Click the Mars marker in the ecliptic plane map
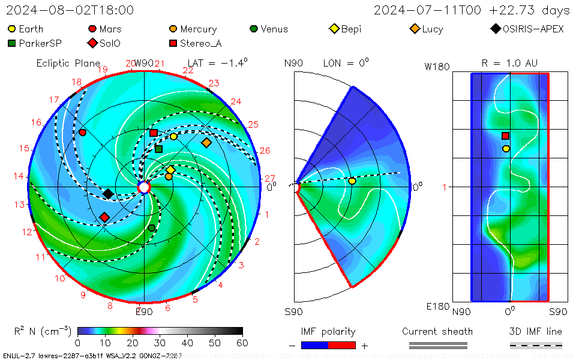pos(82,132)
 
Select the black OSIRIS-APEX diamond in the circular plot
pos(108,193)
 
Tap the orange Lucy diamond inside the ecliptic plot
pos(206,143)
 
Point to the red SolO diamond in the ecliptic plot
pos(104,217)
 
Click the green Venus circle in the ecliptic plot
pos(152,228)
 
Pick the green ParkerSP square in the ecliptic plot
pos(158,149)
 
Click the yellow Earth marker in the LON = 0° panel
pos(352,181)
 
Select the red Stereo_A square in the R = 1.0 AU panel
pos(506,136)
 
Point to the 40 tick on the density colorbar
pos(188,343)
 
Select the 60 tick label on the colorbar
pos(243,343)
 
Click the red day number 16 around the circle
pos(37,122)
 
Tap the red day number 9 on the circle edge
pos(83,295)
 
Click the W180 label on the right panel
pos(437,67)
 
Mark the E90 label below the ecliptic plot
pos(144,311)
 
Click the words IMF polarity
pos(328,332)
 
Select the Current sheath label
pos(437,332)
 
